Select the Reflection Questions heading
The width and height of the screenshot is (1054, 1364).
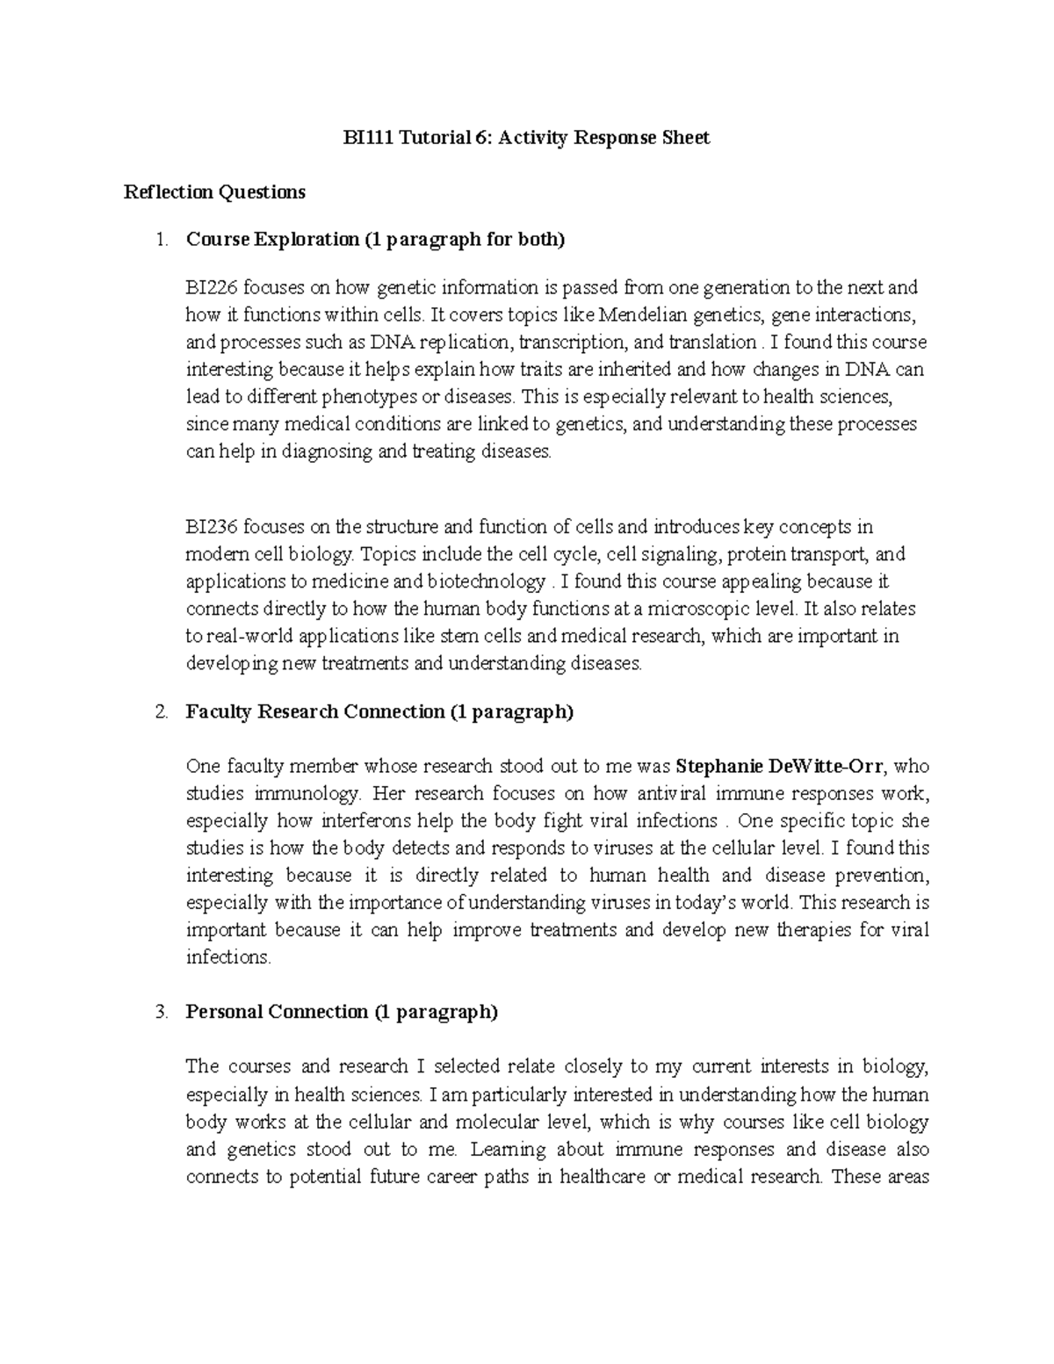[214, 192]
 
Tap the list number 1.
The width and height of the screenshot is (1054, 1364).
[160, 240]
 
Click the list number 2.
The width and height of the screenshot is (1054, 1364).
[160, 712]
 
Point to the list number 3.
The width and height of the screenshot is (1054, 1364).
[160, 1013]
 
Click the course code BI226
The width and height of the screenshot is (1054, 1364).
[211, 288]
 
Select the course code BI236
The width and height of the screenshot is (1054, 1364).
[211, 528]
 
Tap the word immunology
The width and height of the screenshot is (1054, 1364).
[307, 794]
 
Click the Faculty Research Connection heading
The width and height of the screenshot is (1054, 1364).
[379, 712]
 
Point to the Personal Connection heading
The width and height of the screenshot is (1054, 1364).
[342, 1013]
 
